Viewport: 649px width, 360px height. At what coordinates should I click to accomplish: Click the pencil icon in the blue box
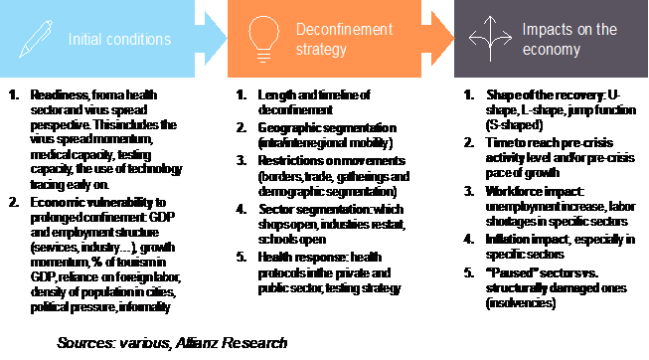coord(32,39)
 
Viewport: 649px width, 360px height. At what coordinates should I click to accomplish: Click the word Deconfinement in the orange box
coord(344,31)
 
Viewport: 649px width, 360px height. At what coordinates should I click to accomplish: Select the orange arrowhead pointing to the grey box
coord(438,40)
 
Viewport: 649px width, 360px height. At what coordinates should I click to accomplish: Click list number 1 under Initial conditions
coord(12,95)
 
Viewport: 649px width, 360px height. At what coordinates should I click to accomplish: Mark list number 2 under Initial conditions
coord(12,173)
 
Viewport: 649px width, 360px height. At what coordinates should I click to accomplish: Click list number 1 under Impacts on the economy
coord(469,95)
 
